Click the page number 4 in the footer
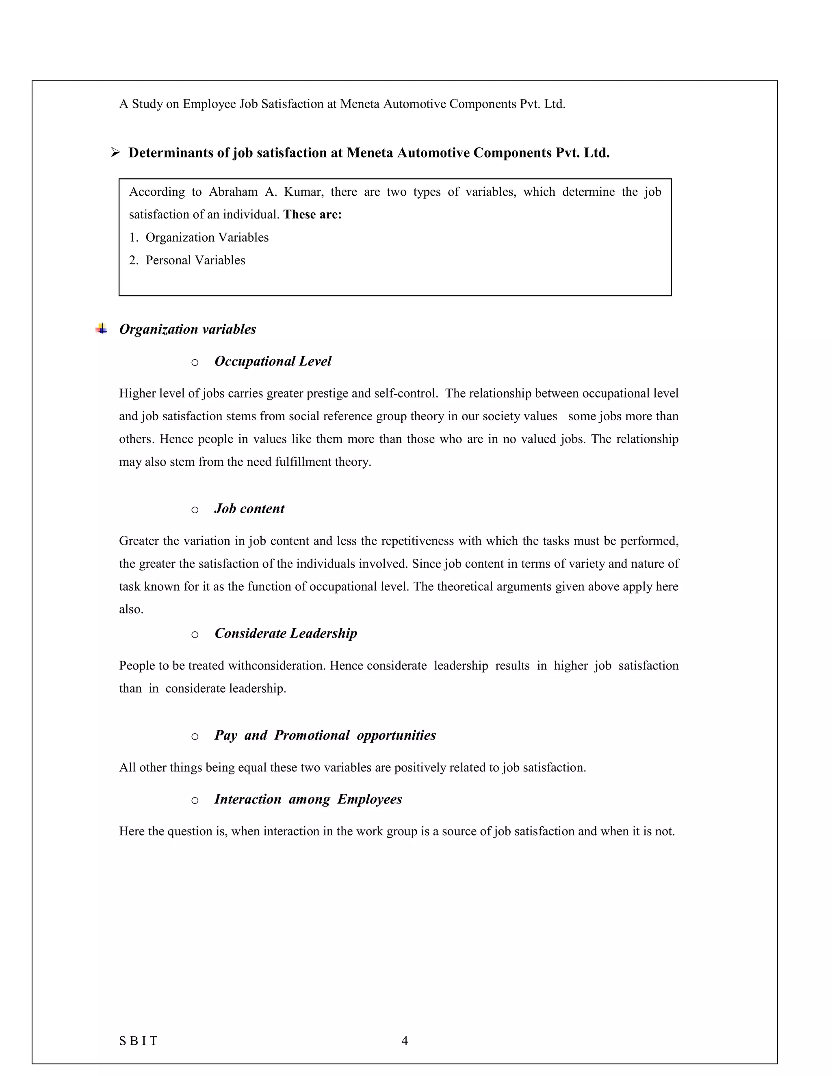(x=405, y=1041)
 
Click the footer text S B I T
(x=139, y=1041)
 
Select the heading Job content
(x=249, y=509)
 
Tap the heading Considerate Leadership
(x=285, y=633)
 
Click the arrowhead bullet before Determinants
(x=115, y=153)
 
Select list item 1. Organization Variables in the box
(x=199, y=238)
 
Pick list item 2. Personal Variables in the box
(x=187, y=260)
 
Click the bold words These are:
(x=312, y=215)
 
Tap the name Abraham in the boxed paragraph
(x=233, y=192)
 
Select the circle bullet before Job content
(x=195, y=510)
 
